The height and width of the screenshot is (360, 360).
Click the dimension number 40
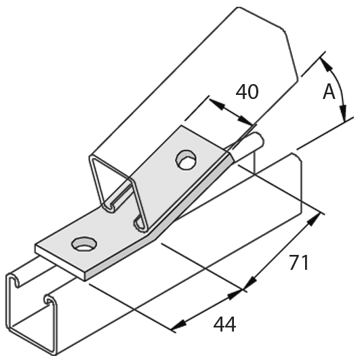247,92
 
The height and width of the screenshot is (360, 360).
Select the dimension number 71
299,262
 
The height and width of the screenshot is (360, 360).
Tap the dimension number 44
224,325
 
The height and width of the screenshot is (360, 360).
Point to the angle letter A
329,92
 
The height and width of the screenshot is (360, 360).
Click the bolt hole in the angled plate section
186,160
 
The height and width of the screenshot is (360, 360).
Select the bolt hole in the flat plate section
84,244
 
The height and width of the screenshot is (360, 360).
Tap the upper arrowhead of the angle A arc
325,64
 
